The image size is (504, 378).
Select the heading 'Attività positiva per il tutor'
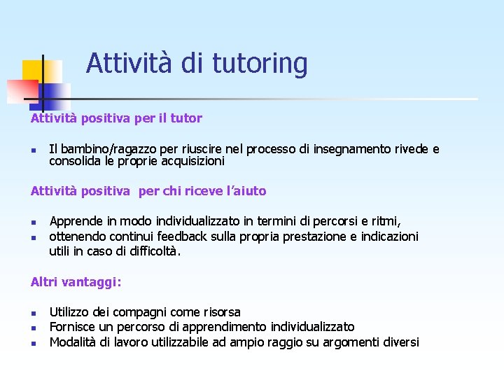(116, 118)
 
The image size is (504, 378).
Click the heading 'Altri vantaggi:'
(76, 282)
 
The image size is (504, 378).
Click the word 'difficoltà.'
(148, 251)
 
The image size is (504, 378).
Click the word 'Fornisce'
(73, 327)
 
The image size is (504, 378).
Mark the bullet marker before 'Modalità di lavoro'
(33, 343)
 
